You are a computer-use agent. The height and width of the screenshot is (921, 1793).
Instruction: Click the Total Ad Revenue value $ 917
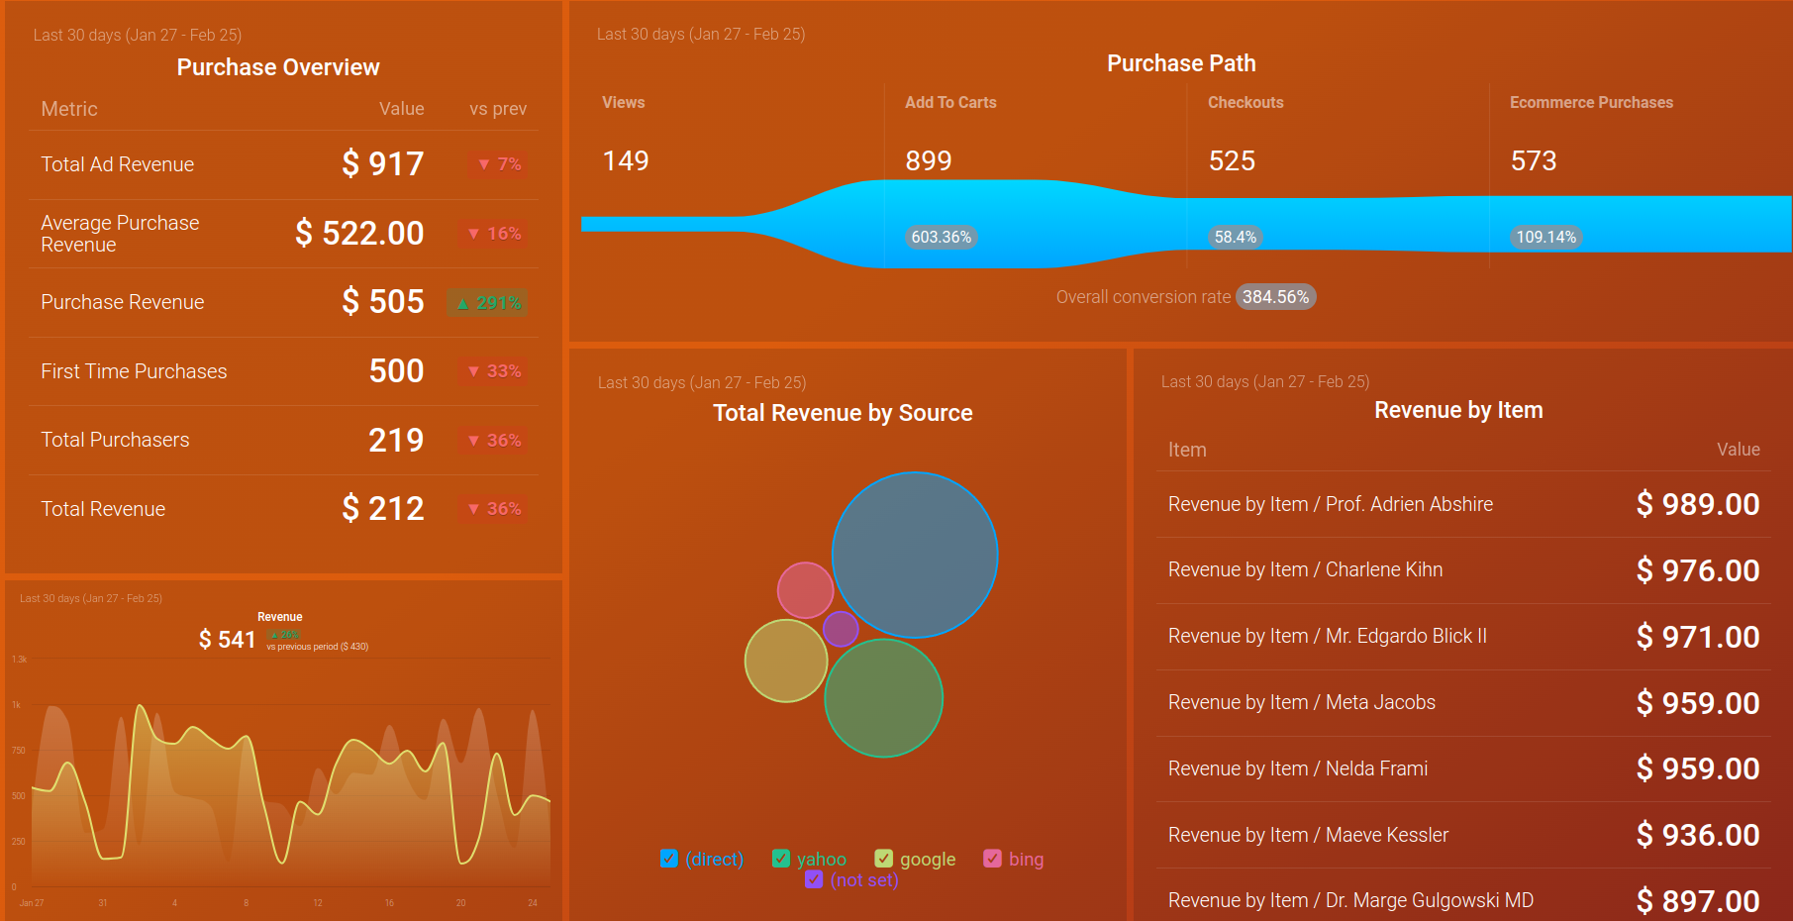click(x=382, y=163)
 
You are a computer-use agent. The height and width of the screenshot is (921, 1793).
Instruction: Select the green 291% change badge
click(x=488, y=303)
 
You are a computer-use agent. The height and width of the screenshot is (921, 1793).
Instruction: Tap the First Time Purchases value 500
click(x=396, y=371)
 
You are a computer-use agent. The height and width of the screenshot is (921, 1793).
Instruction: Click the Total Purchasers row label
click(x=115, y=440)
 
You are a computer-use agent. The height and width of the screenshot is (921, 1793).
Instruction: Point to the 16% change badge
click(x=495, y=234)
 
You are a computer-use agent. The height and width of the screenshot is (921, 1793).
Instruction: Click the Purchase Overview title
click(x=278, y=67)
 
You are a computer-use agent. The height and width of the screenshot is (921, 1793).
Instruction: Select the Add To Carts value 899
click(x=928, y=161)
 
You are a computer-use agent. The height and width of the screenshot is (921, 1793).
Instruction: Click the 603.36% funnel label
click(x=941, y=238)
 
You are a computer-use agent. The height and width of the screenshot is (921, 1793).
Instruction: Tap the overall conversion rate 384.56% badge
click(x=1275, y=297)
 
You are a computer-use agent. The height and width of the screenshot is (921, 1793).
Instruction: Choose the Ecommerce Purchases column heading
click(x=1591, y=103)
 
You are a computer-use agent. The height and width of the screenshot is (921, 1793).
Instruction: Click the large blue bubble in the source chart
click(x=915, y=555)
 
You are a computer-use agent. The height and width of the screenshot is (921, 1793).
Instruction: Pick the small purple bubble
click(x=841, y=629)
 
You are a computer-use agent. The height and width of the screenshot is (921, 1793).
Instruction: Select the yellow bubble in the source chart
click(x=785, y=661)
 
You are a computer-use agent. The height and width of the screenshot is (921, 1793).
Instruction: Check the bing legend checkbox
click(x=992, y=859)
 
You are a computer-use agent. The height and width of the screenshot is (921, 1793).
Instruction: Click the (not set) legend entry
click(x=863, y=880)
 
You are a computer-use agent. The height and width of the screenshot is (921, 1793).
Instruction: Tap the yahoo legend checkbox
click(x=781, y=859)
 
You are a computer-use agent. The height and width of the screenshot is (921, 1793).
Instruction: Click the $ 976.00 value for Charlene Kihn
click(x=1697, y=570)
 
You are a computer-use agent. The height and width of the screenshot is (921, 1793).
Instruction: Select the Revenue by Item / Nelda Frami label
click(x=1297, y=768)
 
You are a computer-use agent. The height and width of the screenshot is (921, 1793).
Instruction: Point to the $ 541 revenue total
click(x=227, y=640)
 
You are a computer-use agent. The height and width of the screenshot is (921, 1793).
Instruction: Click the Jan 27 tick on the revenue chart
click(x=32, y=903)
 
